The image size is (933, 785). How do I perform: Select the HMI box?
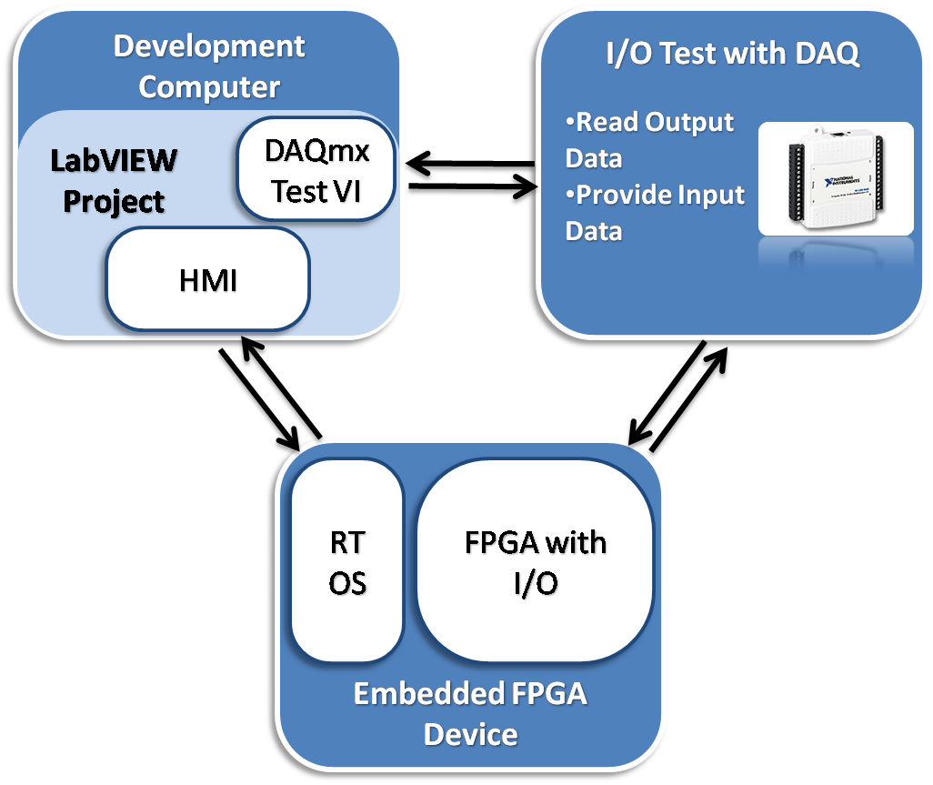coord(208,279)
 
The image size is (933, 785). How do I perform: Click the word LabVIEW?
coord(114,161)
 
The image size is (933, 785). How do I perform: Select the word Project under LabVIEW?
coord(114,201)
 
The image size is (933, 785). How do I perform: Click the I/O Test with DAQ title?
coord(733,55)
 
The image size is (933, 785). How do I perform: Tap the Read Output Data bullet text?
coord(649,140)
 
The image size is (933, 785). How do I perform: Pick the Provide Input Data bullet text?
coord(655,213)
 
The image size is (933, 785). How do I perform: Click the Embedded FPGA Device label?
coord(470,714)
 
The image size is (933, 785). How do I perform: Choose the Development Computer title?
coord(209,66)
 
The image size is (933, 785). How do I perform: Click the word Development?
coord(209,46)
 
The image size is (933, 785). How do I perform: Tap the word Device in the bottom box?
coord(470,734)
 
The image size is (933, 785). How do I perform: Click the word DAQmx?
coord(317,150)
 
